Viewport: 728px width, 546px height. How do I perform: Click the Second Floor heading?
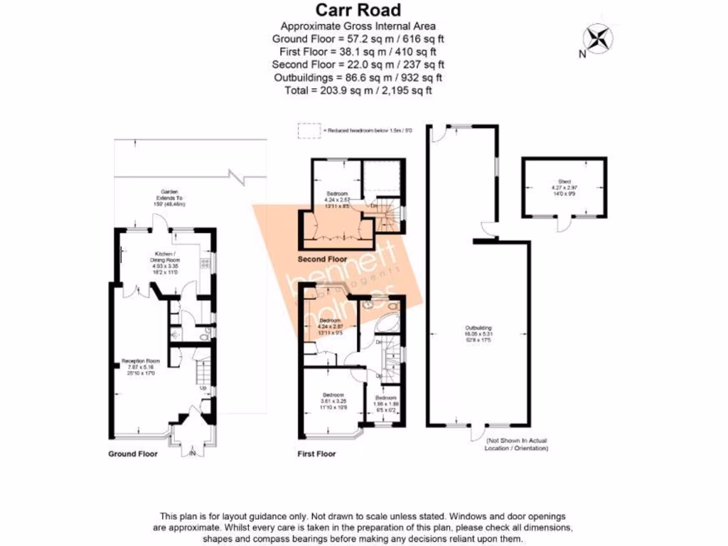coord(322,258)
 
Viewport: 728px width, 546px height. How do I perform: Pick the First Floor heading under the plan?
coord(316,454)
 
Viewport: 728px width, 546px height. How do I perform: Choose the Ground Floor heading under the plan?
coord(133,454)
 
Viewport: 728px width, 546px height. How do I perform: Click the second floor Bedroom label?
coord(337,198)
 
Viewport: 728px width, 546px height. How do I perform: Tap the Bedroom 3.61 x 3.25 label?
coord(334,400)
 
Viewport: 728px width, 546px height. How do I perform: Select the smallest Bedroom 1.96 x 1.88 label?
coord(386,402)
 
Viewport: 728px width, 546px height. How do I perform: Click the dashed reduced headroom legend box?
coord(309,131)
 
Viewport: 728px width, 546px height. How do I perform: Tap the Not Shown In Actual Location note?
coord(516,445)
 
